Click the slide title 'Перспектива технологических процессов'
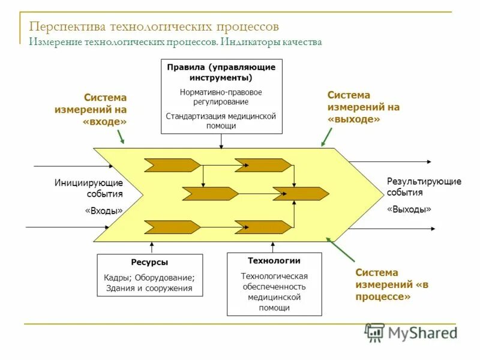[x=154, y=27]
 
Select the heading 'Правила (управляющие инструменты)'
[x=221, y=73]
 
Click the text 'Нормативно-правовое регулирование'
[x=221, y=97]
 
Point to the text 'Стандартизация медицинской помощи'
[x=221, y=121]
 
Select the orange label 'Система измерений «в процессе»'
[x=385, y=284]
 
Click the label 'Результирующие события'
[x=424, y=187]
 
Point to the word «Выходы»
[x=409, y=209]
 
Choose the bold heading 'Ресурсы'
[x=149, y=262]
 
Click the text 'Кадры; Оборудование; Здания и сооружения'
[x=149, y=283]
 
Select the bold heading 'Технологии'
[x=274, y=261]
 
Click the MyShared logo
[x=411, y=332]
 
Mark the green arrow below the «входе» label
[x=121, y=137]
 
